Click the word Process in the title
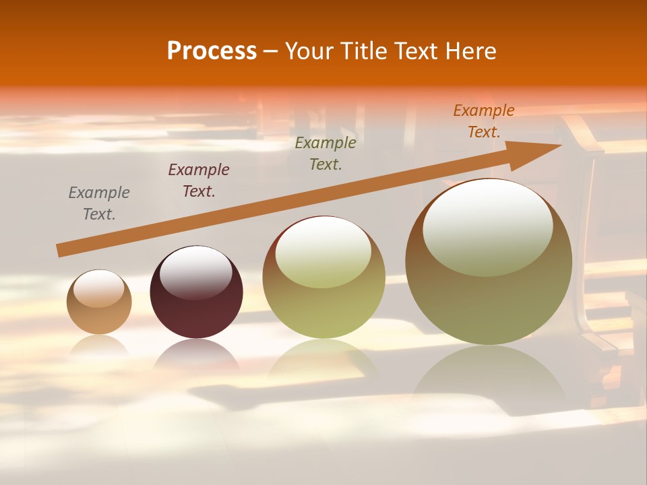(212, 51)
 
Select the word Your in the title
(309, 51)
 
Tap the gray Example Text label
(99, 203)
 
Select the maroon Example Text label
(199, 180)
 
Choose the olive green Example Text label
(326, 153)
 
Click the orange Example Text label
(484, 121)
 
